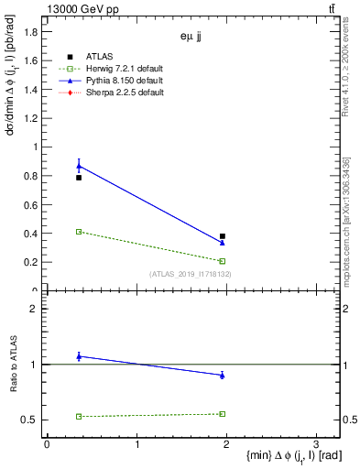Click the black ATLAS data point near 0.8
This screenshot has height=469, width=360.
pos(79,178)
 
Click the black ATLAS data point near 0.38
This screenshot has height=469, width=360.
pos(223,236)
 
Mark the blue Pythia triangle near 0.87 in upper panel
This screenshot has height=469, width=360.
pos(79,166)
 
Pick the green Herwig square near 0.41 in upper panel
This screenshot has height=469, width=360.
pos(79,232)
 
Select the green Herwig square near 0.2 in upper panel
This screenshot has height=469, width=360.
pos(223,261)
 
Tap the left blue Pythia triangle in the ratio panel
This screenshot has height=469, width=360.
pos(79,355)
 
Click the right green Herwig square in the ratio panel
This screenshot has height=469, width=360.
pos(223,414)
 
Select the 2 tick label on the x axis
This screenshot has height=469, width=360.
pos(225,443)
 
